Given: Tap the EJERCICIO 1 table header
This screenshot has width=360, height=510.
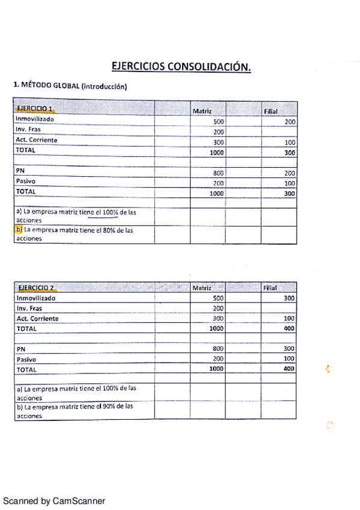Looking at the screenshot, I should coord(35,109).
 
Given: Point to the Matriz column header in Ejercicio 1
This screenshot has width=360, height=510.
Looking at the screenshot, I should coord(201,111).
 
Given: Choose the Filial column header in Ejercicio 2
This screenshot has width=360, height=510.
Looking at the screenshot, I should coord(270,288).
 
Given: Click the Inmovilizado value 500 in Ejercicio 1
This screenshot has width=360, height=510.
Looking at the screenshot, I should coord(218,121).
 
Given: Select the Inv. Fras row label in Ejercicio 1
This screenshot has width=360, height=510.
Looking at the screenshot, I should coord(29,130).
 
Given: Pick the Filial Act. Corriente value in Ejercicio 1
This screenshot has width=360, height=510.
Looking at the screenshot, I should coord(290,143).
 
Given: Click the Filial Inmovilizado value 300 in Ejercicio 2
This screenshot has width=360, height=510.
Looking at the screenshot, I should coord(290,298).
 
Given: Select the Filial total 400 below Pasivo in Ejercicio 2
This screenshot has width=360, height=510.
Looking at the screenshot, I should coord(289,369).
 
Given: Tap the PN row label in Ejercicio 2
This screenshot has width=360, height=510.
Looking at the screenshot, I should coord(21,348).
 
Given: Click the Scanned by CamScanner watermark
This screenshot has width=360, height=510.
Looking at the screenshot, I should coord(54,500).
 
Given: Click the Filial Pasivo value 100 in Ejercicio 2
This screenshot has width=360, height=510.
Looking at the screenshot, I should coord(290,358).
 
